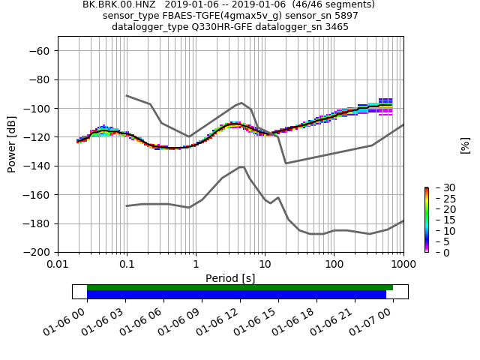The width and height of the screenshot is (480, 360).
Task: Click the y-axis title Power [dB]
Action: click(12, 144)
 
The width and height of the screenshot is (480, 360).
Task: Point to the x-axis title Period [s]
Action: click(230, 278)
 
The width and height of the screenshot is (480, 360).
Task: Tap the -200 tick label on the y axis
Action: click(38, 252)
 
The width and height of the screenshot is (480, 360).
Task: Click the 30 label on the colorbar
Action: click(439, 187)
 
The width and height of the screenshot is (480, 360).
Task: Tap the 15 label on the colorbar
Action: click(439, 220)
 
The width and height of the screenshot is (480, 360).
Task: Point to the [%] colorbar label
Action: click(465, 145)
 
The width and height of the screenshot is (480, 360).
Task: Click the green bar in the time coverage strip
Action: click(240, 287)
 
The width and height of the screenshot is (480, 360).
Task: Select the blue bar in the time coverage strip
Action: click(236, 295)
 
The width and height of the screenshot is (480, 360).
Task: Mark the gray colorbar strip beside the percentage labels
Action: click(426, 220)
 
